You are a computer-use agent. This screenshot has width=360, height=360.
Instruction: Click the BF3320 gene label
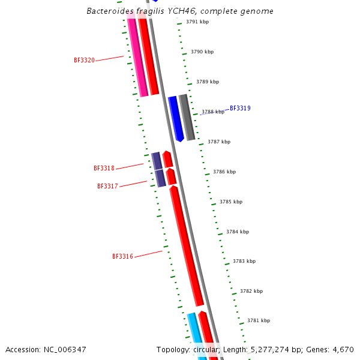[84, 60]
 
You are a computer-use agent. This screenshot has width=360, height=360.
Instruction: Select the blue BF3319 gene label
[240, 109]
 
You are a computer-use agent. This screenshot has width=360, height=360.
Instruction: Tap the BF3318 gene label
[104, 169]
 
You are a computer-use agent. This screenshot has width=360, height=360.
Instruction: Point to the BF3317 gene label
[107, 187]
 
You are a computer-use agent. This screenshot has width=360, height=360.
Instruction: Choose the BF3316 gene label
[122, 257]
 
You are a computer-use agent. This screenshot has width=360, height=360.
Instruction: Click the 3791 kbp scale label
[197, 22]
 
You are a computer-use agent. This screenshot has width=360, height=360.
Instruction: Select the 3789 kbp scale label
[208, 82]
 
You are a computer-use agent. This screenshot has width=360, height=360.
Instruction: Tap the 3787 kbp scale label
[219, 142]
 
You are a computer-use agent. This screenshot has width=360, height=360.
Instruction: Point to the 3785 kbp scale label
[231, 202]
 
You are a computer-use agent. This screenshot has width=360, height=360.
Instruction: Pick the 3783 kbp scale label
[244, 261]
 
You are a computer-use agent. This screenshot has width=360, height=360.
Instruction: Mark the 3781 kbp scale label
[259, 320]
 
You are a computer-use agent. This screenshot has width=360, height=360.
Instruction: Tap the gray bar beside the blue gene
[187, 118]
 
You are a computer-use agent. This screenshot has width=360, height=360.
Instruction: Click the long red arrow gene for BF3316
[187, 246]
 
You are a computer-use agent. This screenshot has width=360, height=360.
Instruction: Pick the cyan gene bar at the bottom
[196, 336]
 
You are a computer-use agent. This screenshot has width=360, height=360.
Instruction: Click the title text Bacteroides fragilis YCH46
[180, 11]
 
